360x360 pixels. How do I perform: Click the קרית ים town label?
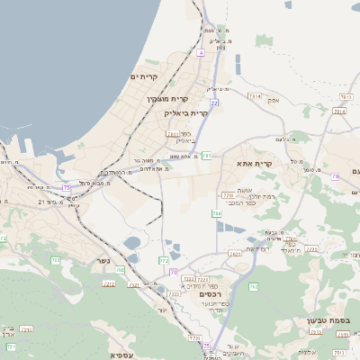(144, 77)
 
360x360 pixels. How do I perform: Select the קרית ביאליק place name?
(186, 113)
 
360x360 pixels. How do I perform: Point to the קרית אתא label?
(254, 163)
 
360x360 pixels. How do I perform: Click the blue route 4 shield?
(201, 53)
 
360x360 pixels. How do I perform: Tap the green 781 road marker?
(207, 156)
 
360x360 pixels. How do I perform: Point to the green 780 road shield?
(217, 213)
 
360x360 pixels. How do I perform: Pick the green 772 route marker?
(164, 260)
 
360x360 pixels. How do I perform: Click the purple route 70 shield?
(173, 271)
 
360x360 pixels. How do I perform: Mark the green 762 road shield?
(253, 286)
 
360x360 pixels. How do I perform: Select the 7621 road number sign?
(236, 255)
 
